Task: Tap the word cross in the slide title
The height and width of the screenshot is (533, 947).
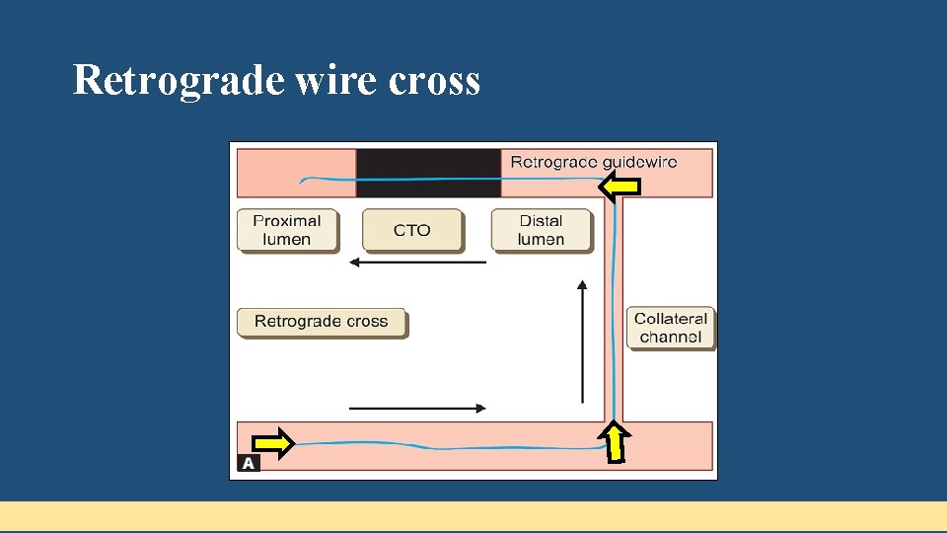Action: pyautogui.click(x=434, y=80)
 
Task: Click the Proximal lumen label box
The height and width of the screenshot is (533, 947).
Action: pyautogui.click(x=287, y=230)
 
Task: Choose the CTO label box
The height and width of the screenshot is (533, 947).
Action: pyautogui.click(x=412, y=230)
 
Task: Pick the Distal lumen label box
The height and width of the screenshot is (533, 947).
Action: pyautogui.click(x=542, y=230)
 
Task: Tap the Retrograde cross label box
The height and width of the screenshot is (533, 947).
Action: pyautogui.click(x=322, y=322)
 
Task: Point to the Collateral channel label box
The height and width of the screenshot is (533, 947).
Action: pyautogui.click(x=671, y=328)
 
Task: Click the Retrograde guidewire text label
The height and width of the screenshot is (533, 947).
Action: pyautogui.click(x=593, y=162)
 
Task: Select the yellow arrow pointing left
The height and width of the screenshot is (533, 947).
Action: pyautogui.click(x=620, y=186)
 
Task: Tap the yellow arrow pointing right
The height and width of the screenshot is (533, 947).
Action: pyautogui.click(x=273, y=444)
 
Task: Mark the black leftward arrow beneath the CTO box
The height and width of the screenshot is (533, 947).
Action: pyautogui.click(x=418, y=263)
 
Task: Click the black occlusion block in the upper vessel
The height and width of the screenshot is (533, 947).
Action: pyautogui.click(x=428, y=173)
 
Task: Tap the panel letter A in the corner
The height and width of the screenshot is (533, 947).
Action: pyautogui.click(x=249, y=463)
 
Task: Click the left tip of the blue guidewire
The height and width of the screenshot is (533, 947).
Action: pyautogui.click(x=302, y=182)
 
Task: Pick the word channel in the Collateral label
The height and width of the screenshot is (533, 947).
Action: pyautogui.click(x=671, y=338)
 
